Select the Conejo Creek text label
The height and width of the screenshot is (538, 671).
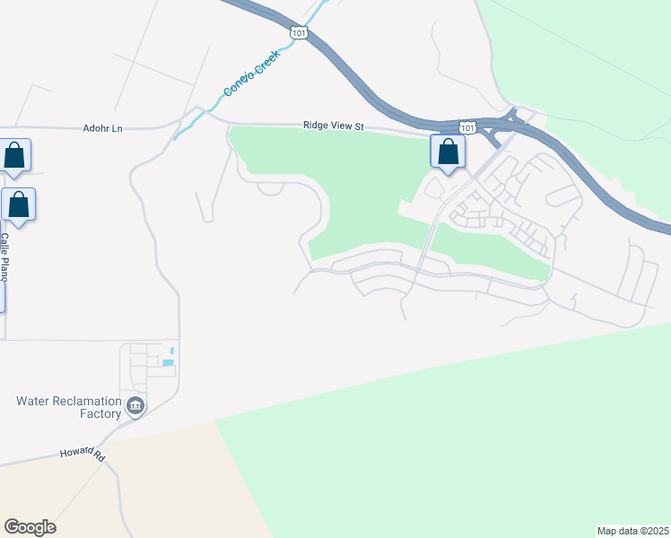tap(252, 73)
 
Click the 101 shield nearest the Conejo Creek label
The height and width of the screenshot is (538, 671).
tap(299, 32)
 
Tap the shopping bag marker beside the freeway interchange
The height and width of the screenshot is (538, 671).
tap(448, 152)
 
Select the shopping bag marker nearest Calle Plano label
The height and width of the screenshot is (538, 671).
tap(18, 206)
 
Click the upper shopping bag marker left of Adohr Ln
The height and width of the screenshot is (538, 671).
tap(15, 157)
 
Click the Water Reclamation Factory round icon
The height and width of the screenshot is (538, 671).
tap(135, 407)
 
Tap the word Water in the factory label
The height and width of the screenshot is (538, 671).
tap(36, 401)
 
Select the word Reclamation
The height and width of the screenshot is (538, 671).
tap(88, 401)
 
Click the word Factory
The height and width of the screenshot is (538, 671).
tap(99, 414)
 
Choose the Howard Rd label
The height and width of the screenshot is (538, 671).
tap(83, 456)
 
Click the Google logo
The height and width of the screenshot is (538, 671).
tap(30, 527)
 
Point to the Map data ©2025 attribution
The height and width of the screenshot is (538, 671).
tap(632, 530)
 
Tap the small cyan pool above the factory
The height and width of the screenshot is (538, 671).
tap(168, 362)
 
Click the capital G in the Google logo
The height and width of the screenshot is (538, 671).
tap(12, 527)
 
